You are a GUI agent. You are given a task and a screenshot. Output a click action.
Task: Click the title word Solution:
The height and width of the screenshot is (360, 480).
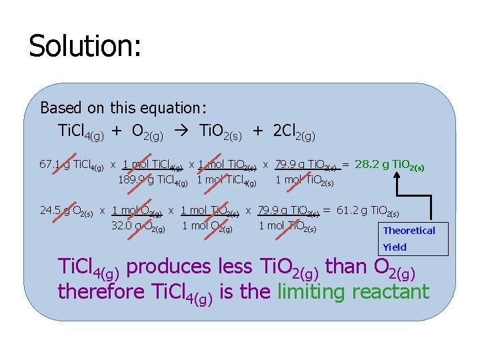pos(85,47)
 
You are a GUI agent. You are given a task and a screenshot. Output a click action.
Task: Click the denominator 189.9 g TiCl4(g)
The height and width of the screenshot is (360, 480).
pos(153,179)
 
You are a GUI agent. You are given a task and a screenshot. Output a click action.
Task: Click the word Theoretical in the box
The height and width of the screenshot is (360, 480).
pos(409,231)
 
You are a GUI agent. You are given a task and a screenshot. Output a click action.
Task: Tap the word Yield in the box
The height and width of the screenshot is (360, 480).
pos(395,247)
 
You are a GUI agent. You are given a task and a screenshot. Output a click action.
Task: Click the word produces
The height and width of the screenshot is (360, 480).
pos(169,267)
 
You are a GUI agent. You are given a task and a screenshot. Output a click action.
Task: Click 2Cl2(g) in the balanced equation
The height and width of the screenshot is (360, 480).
pos(294,133)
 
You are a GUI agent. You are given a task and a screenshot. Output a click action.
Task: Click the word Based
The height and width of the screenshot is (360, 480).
pos(60,107)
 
